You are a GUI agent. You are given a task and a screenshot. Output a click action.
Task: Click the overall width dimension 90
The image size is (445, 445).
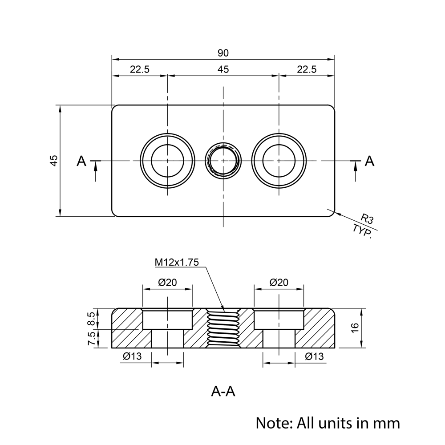point(223,53)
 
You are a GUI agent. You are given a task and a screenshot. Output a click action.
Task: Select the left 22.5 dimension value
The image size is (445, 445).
point(139,69)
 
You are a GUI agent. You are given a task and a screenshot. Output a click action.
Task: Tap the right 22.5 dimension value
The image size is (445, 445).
point(307,69)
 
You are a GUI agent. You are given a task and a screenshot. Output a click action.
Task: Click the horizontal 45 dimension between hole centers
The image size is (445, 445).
point(223,69)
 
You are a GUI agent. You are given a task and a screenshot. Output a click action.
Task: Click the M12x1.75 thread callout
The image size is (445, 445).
point(176,263)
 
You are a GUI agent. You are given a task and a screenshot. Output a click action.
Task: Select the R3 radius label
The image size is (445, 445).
point(367,218)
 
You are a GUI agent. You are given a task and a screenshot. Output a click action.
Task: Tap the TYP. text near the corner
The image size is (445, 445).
point(362,231)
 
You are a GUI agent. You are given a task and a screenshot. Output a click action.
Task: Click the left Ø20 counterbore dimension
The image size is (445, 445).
point(167,282)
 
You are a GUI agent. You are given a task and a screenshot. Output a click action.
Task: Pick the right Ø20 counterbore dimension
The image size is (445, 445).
point(279,282)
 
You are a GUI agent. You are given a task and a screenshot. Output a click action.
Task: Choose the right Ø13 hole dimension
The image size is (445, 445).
point(314,356)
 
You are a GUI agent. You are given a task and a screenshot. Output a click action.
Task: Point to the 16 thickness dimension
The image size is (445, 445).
point(355,328)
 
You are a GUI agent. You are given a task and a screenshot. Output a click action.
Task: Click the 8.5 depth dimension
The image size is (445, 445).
point(91,319)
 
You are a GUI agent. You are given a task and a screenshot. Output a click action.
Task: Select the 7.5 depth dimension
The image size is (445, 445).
point(91,339)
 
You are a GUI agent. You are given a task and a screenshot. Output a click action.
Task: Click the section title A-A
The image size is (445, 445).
point(222,392)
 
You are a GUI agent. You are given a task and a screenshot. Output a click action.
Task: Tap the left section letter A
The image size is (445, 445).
point(81,161)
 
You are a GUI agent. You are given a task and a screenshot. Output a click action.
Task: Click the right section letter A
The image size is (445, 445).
point(369,161)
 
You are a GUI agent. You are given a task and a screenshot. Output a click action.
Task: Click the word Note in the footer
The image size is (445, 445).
point(271,422)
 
